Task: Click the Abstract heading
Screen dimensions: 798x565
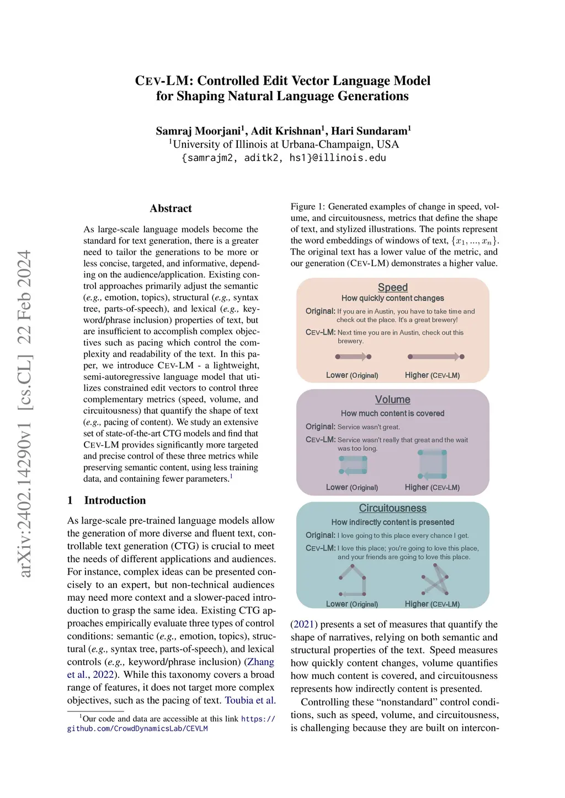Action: (x=170, y=208)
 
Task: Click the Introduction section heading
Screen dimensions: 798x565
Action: (x=115, y=500)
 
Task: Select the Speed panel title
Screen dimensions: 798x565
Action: (x=392, y=287)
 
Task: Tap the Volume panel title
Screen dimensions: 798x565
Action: (x=392, y=400)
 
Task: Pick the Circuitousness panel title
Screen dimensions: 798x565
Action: (x=392, y=508)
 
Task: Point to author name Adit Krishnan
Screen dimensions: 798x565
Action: (x=286, y=131)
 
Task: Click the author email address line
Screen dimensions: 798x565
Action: (x=284, y=158)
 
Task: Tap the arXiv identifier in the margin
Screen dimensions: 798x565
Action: (x=25, y=413)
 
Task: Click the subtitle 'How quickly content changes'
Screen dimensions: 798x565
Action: (x=392, y=298)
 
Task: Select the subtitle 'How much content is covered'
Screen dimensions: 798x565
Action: (x=392, y=413)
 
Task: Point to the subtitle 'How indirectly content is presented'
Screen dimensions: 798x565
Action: (x=392, y=522)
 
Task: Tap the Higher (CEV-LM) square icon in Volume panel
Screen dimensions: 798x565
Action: (x=433, y=464)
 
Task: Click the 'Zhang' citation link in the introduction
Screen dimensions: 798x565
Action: (x=260, y=662)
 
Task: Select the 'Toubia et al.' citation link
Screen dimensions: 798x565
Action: (x=250, y=700)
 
